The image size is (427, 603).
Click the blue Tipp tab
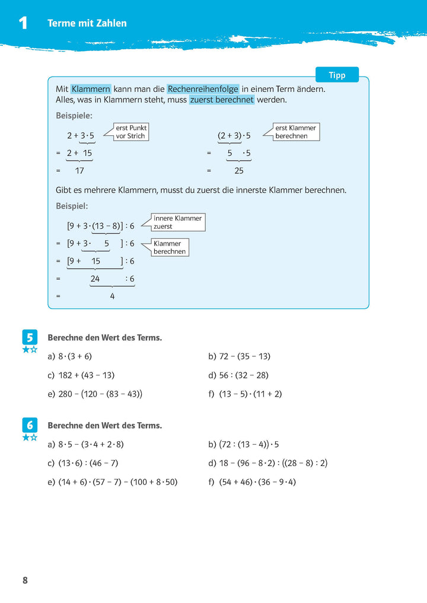pos(336,75)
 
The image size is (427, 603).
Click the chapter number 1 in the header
pos(23,23)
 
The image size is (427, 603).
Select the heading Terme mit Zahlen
pos(87,23)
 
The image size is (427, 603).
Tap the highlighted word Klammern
pos(91,88)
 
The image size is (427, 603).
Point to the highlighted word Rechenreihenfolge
pos(203,88)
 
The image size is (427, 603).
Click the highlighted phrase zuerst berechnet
pos(222,100)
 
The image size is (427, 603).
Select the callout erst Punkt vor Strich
pos(131,132)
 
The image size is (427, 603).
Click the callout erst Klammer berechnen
pos(296,132)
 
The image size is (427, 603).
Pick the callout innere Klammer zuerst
pos(178,222)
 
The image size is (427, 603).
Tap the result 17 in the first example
pos(80,170)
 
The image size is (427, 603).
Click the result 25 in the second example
pos(239,170)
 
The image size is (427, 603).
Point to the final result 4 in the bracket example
pos(112,296)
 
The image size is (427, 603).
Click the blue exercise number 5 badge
pos(30,337)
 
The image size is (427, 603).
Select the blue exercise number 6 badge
pos(30,425)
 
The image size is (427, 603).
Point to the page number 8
pos(25,580)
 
